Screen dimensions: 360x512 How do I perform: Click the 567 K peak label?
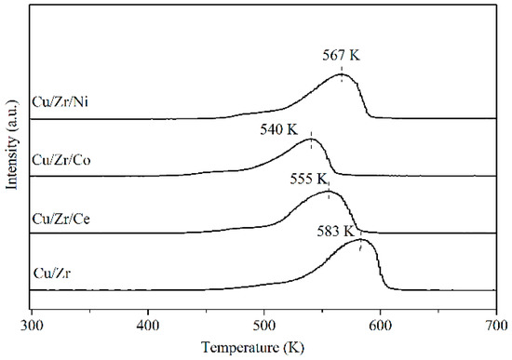click(x=342, y=56)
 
